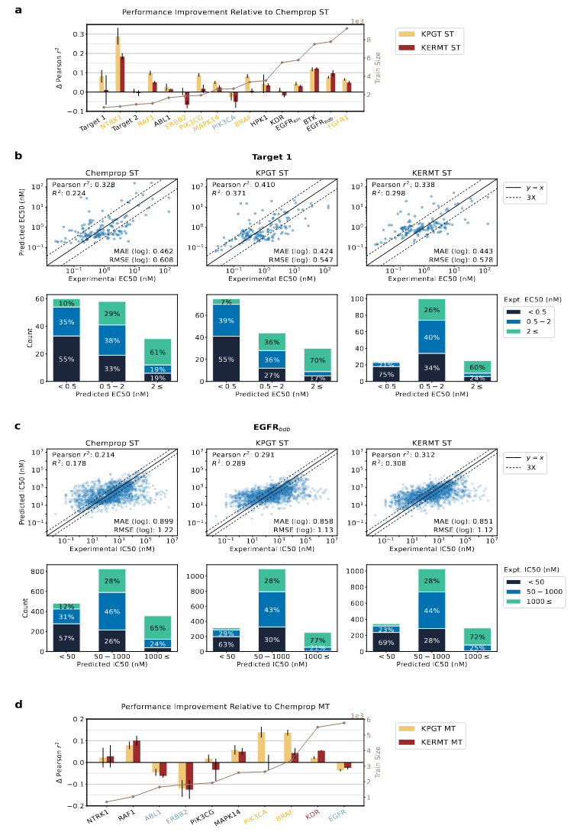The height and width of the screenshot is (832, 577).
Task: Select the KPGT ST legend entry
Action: point(435,34)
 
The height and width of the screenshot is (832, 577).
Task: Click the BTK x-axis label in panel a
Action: point(308,118)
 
